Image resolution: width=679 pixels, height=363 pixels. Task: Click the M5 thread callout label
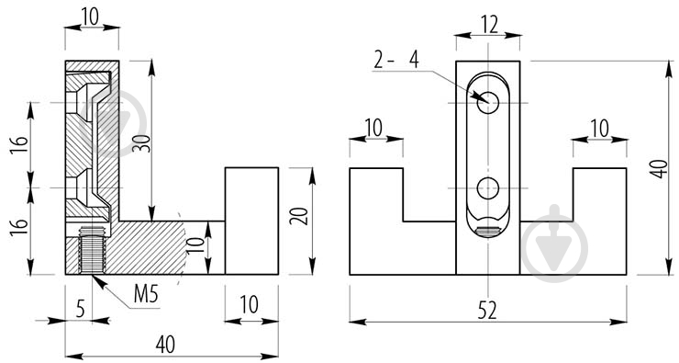pyautogui.click(x=146, y=294)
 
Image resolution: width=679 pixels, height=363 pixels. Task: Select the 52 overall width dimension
pyautogui.click(x=487, y=311)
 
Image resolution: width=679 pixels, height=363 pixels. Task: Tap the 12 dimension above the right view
pyautogui.click(x=489, y=25)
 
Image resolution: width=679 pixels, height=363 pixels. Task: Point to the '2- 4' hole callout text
pyautogui.click(x=396, y=60)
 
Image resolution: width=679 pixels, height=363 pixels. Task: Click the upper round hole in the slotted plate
pyautogui.click(x=488, y=103)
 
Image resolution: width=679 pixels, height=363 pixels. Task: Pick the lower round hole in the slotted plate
pyautogui.click(x=488, y=188)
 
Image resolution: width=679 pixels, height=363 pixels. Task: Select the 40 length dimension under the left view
pyautogui.click(x=165, y=345)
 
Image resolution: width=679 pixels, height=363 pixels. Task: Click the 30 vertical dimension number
pyautogui.click(x=143, y=143)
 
